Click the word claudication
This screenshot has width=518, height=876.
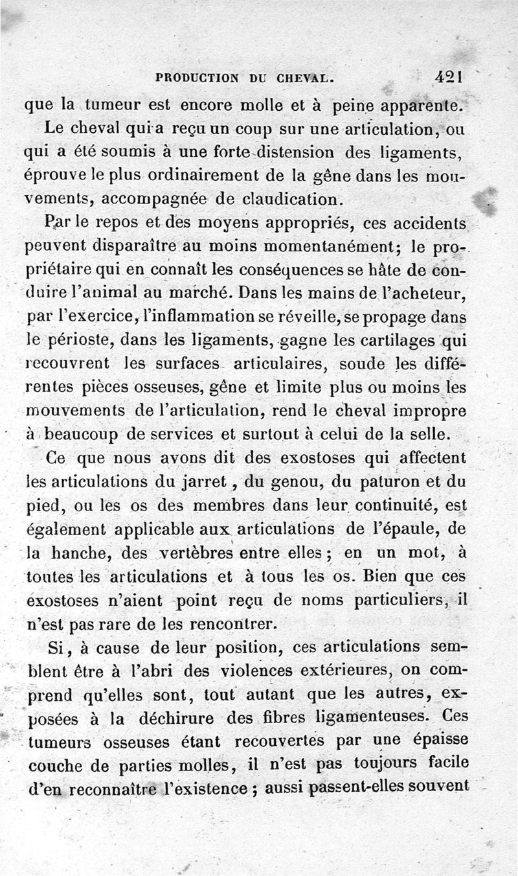tap(288, 198)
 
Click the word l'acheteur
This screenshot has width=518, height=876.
tap(420, 293)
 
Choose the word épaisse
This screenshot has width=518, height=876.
tap(435, 739)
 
